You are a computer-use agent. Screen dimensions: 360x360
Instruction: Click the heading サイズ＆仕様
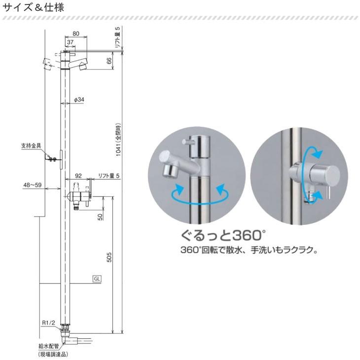[x=33, y=8]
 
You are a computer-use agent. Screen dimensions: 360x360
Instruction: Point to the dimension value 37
[x=71, y=43]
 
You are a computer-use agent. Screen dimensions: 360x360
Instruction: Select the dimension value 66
[x=109, y=61]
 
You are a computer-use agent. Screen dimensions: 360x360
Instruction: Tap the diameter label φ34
[x=79, y=100]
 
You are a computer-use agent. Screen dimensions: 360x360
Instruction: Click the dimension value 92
[x=78, y=176]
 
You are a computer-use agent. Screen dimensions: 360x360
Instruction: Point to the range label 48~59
[x=33, y=185]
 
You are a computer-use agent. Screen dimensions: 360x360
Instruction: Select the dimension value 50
[x=100, y=216]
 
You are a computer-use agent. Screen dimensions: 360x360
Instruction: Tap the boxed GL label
[x=97, y=279]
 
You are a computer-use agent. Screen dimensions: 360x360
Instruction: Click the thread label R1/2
[x=48, y=323]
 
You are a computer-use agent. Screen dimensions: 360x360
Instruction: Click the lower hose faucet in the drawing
[x=78, y=197]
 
